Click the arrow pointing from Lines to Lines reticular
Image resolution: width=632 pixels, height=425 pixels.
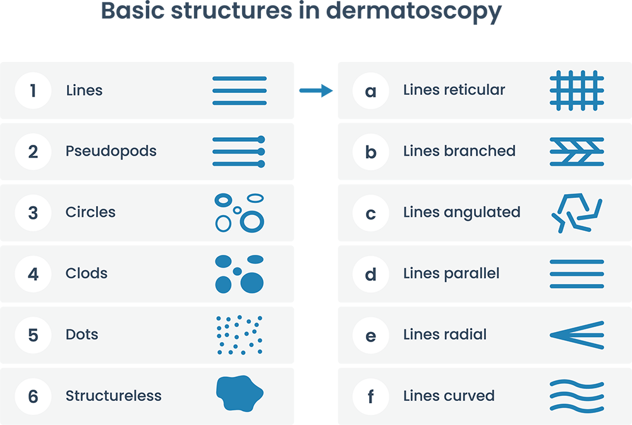(x=316, y=90)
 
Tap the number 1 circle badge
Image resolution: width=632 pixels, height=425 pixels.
(x=33, y=90)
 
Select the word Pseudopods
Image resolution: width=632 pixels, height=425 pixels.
(x=111, y=151)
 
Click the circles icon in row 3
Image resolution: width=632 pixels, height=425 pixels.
(x=240, y=212)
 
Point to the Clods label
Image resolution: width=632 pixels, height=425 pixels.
(x=87, y=273)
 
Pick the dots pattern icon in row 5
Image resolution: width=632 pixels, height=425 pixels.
(x=239, y=335)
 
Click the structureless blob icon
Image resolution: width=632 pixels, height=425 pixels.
(x=239, y=395)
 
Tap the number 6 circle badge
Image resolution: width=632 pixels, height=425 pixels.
(x=33, y=397)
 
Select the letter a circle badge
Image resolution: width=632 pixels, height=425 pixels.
(x=370, y=90)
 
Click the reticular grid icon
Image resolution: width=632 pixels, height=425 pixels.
(x=576, y=90)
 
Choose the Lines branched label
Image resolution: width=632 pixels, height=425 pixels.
(x=459, y=151)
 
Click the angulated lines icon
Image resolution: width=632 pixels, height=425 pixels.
(x=576, y=213)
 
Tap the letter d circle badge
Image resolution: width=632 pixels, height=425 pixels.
(x=370, y=274)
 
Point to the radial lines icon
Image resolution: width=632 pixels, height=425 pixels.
(x=576, y=334)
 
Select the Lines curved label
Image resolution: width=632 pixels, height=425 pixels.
(x=449, y=396)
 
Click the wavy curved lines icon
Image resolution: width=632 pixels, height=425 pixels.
(x=576, y=396)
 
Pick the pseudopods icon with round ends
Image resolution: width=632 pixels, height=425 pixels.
(x=239, y=151)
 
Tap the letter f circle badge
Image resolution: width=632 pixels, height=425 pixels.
(x=370, y=397)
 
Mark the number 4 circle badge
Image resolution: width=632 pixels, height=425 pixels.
(x=33, y=274)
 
